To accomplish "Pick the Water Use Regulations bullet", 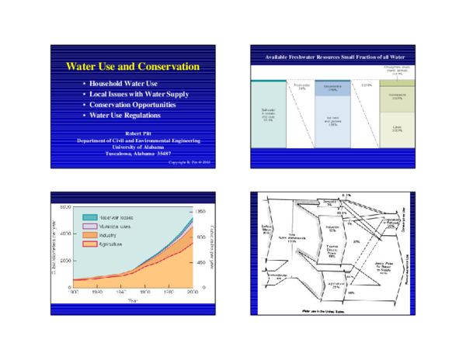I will [124, 116].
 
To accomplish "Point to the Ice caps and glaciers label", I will [331, 121].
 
